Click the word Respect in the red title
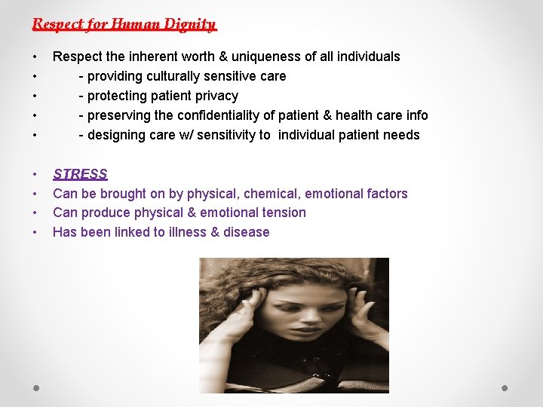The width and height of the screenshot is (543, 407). pyautogui.click(x=58, y=24)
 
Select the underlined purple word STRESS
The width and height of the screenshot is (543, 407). pyautogui.click(x=80, y=174)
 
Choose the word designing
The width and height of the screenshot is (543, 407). pyautogui.click(x=118, y=135)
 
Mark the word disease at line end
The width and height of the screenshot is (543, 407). pyautogui.click(x=245, y=232)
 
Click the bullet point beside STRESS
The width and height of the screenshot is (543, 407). pyautogui.click(x=35, y=174)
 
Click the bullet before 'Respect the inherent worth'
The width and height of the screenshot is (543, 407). pyautogui.click(x=35, y=57)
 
